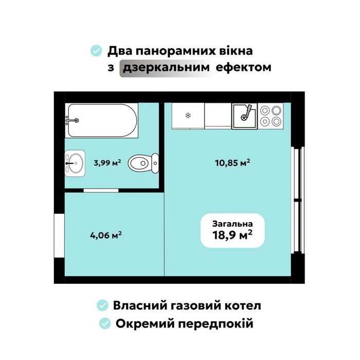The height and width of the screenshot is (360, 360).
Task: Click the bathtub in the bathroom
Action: click(101, 120)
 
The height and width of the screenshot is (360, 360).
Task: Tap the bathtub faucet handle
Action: click(77, 120)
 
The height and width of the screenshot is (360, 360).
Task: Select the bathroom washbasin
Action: click(75, 163)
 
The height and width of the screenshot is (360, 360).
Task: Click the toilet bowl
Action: click(143, 163)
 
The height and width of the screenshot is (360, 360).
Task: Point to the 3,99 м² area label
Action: click(107, 163)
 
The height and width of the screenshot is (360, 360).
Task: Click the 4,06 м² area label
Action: click(106, 235)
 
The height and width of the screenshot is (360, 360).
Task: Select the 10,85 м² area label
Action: click(232, 163)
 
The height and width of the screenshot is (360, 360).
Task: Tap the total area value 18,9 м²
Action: click(232, 235)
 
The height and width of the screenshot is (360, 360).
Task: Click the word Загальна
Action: click(232, 224)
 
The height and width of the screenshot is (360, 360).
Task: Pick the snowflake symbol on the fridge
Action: click(188, 115)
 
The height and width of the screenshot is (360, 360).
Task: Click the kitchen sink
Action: click(244, 116)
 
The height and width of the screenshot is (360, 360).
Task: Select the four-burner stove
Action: click(271, 116)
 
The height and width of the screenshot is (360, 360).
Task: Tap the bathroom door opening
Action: click(101, 190)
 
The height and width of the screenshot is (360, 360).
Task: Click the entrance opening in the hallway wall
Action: click(59, 236)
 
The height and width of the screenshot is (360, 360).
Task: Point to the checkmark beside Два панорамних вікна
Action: click(96, 51)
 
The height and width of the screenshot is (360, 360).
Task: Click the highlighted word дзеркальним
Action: click(166, 67)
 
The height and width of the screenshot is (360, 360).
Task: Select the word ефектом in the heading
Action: click(243, 67)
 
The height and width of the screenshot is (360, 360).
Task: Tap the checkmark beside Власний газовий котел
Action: click(102, 305)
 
